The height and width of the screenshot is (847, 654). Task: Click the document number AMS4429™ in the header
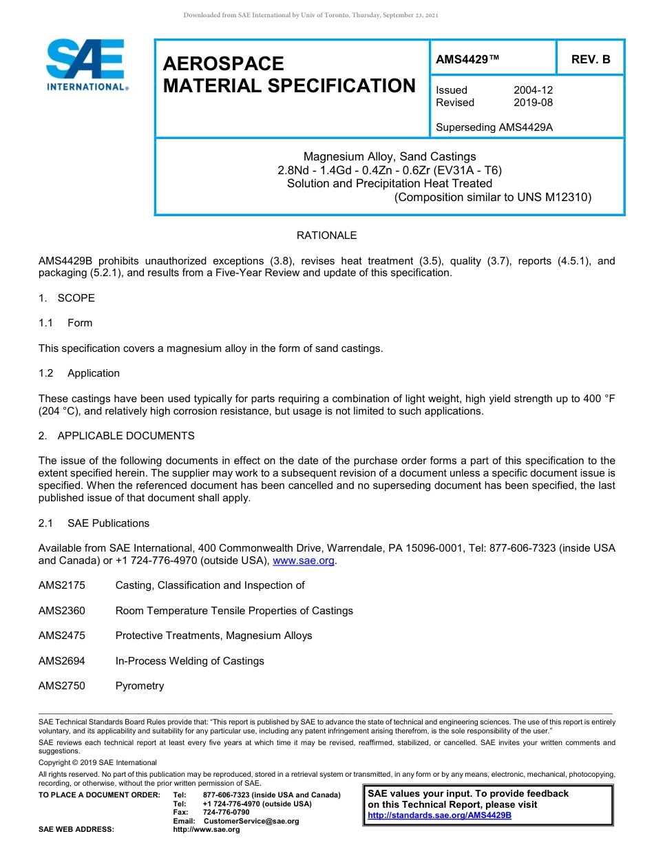click(467, 59)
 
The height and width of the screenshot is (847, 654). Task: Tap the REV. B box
click(590, 59)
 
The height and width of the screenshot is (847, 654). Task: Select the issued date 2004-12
click(533, 90)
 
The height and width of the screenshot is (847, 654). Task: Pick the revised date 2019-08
click(533, 103)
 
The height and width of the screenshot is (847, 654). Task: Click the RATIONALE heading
click(326, 236)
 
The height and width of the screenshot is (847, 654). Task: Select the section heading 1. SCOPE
click(67, 298)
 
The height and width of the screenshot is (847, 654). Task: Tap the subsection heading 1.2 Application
click(79, 373)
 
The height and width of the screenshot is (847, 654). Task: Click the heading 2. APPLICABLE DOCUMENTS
click(116, 436)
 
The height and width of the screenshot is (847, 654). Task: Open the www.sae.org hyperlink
click(304, 561)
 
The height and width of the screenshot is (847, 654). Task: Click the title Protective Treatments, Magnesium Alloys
click(213, 636)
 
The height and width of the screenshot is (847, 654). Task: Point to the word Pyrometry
click(140, 686)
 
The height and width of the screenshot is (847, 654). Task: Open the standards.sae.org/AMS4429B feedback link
click(439, 815)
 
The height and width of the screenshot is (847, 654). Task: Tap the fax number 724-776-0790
click(226, 813)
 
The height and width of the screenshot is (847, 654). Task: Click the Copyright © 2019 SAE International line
click(98, 762)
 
